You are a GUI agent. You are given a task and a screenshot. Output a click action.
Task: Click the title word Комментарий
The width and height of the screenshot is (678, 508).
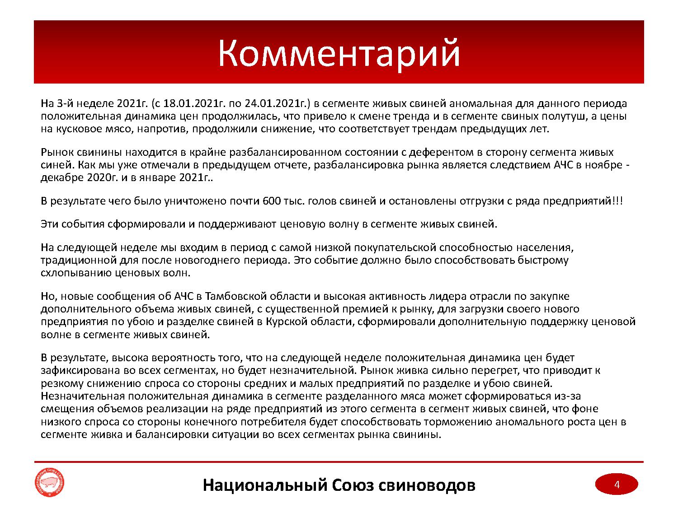(339, 53)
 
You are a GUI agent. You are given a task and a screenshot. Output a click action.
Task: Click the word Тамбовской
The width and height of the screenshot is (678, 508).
(235, 296)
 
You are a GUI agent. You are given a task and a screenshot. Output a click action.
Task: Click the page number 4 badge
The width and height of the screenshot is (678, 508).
(616, 485)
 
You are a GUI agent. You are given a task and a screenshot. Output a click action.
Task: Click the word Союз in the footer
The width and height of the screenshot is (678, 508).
(352, 485)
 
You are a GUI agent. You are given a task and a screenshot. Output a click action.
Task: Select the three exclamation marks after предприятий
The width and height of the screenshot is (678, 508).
(617, 201)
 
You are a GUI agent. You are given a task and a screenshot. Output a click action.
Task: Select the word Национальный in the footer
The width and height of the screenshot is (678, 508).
(264, 485)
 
